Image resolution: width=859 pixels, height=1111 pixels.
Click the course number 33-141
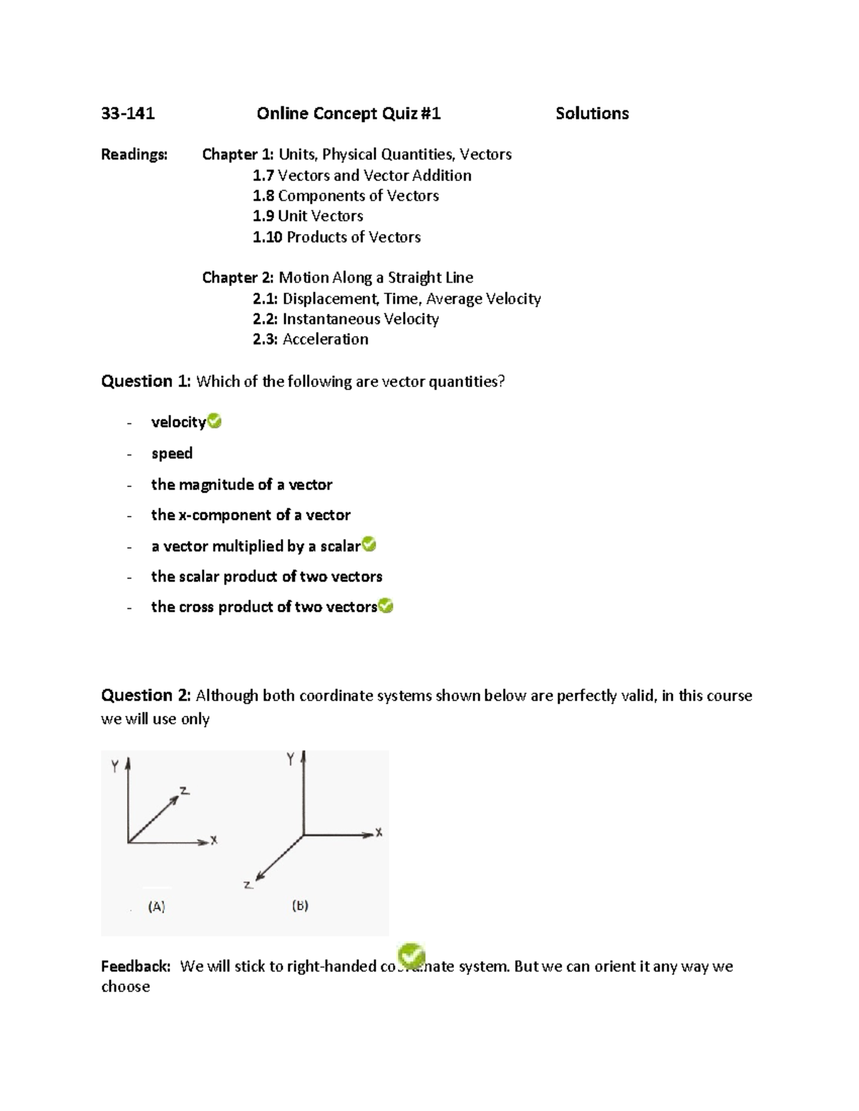(128, 113)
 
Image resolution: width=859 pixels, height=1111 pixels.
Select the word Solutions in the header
(592, 113)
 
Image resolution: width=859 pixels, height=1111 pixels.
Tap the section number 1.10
(267, 237)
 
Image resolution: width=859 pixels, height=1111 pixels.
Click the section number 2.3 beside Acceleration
(265, 339)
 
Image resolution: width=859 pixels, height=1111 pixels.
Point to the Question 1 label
(146, 381)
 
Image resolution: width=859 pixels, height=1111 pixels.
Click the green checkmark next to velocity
(214, 421)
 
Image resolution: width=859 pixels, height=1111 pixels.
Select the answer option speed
(172, 453)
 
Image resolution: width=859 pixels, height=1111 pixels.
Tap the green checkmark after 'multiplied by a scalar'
(369, 545)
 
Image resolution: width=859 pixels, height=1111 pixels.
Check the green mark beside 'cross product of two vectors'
(386, 607)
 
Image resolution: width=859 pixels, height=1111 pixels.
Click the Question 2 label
(146, 695)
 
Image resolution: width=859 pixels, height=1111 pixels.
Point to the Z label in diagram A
(184, 791)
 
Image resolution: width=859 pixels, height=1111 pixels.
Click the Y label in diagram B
(291, 760)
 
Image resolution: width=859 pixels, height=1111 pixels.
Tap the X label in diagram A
(213, 841)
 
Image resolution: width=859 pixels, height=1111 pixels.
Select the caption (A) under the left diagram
(157, 906)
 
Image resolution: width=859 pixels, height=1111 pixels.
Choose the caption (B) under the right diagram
(300, 906)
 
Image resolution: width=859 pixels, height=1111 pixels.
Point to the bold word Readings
(135, 155)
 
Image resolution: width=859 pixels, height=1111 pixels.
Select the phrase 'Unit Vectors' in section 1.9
(320, 216)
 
